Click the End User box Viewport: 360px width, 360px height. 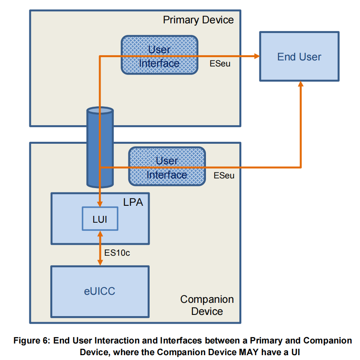(x=299, y=57)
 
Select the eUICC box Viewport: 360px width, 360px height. (x=99, y=291)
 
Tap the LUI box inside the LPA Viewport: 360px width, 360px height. (x=100, y=219)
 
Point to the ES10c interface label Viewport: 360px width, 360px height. (x=117, y=253)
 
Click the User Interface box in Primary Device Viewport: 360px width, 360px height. (x=159, y=55)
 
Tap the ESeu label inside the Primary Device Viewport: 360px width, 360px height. (x=220, y=64)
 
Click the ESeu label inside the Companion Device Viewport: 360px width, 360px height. (x=224, y=176)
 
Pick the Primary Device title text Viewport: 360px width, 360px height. (x=198, y=20)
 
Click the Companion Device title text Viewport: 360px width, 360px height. (x=207, y=305)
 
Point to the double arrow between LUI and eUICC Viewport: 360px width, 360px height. (x=100, y=248)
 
